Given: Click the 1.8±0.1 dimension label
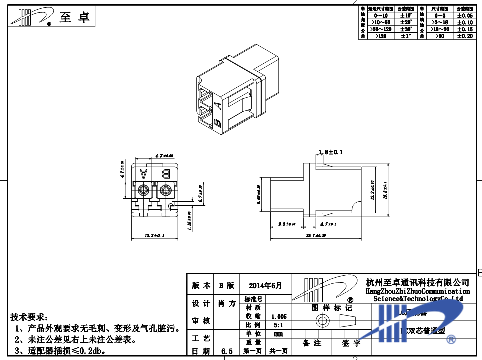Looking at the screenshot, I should point(331,152).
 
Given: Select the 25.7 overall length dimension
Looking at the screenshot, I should point(316,235).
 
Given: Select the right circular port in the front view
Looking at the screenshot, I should point(165,191).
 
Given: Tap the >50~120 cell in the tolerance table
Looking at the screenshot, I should point(380,29).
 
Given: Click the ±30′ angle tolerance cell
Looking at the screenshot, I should point(406,29).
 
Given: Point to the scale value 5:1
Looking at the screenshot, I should point(279,325).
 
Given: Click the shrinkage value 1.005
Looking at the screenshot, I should point(279,317).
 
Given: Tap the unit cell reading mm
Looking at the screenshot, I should point(279,334).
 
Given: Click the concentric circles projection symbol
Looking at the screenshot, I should point(321,321).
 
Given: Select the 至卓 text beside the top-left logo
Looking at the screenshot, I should point(75,18).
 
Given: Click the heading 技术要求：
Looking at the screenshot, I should point(30,318).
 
